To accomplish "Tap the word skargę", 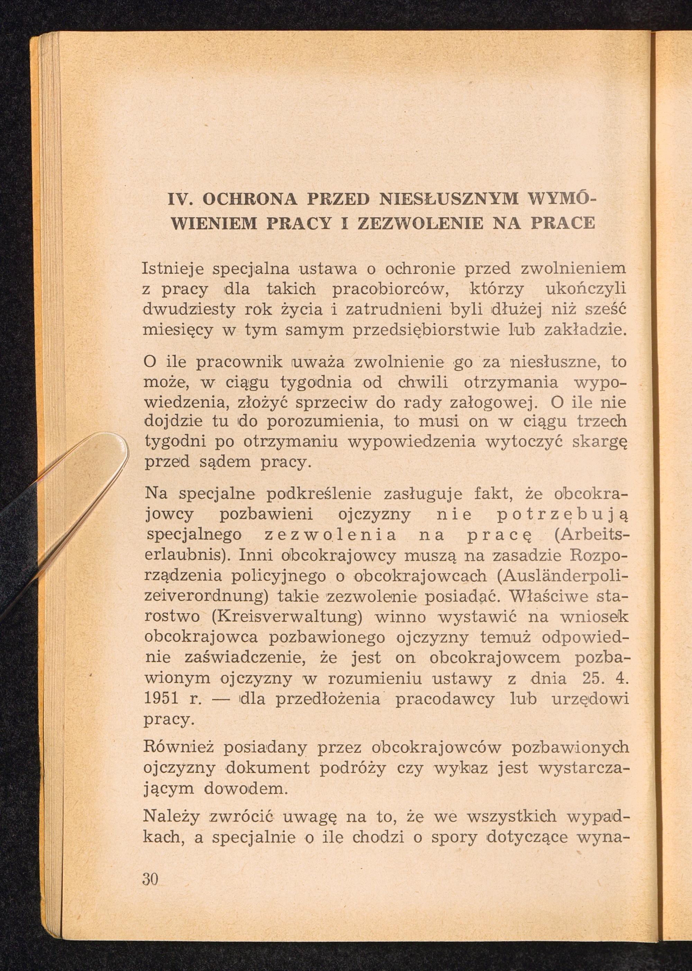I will [x=600, y=442].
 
